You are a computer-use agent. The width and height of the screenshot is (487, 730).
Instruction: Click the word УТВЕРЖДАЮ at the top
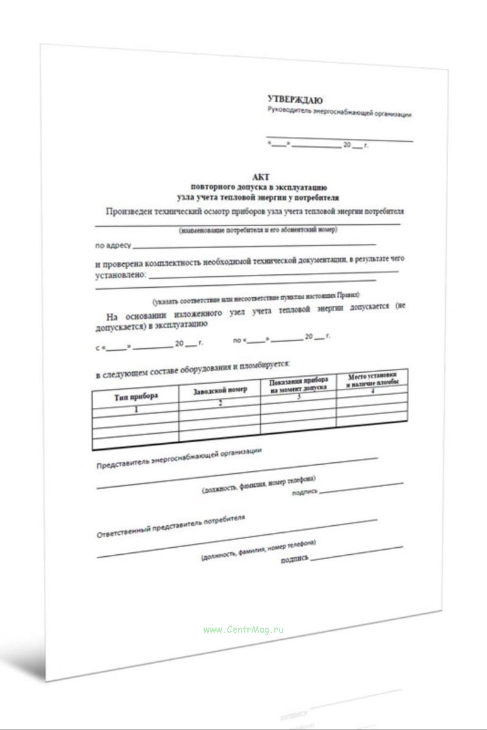pyautogui.click(x=295, y=100)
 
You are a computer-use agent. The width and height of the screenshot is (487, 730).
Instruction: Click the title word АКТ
pyautogui.click(x=261, y=177)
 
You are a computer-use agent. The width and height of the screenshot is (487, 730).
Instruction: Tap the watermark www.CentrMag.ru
pyautogui.click(x=243, y=630)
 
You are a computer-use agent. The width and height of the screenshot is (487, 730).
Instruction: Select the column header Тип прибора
pyautogui.click(x=136, y=397)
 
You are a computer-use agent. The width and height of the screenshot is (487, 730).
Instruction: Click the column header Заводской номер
pyautogui.click(x=220, y=390)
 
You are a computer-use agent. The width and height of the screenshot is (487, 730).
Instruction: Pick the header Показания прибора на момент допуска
pyautogui.click(x=299, y=383)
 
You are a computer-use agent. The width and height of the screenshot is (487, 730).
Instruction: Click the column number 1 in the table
pyautogui.click(x=136, y=409)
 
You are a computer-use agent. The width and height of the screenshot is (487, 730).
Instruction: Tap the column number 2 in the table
pyautogui.click(x=220, y=403)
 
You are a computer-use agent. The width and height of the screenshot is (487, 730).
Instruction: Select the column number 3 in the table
pyautogui.click(x=299, y=396)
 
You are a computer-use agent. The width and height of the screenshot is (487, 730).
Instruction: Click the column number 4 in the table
pyautogui.click(x=372, y=391)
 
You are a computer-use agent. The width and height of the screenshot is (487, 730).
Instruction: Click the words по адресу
pyautogui.click(x=113, y=246)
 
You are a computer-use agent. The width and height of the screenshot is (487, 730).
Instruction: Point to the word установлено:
pyautogui.click(x=121, y=275)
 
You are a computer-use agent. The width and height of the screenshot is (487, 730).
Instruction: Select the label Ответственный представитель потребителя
pyautogui.click(x=171, y=527)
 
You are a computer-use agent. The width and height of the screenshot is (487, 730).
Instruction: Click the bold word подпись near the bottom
pyautogui.click(x=294, y=560)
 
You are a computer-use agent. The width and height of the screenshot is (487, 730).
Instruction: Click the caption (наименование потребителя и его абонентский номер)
pyautogui.click(x=258, y=230)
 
